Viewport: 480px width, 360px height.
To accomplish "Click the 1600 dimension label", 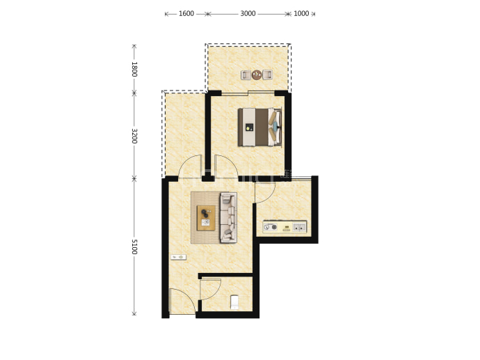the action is coord(186,13).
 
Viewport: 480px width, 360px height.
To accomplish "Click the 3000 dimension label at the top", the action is coord(248,13).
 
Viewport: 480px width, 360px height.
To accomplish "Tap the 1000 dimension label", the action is coord(301,13).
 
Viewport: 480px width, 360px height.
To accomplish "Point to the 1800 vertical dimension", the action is coord(134,69).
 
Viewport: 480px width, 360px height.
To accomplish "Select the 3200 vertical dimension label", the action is coord(134,136).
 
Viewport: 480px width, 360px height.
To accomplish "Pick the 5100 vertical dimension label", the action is coord(134,246).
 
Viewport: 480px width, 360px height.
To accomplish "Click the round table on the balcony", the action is coord(257,75).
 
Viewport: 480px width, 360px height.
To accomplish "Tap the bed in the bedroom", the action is coord(260,127).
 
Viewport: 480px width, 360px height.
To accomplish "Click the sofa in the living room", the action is coord(228,217).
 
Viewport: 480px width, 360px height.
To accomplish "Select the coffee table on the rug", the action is coord(206,218).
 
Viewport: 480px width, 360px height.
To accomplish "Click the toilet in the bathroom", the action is coord(234,302).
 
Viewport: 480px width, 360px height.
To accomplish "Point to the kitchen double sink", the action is coord(299,227).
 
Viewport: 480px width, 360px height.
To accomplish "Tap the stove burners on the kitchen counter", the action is coord(271,227).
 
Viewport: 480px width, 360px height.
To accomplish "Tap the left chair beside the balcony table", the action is coord(246,75).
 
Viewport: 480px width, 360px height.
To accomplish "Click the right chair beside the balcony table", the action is coord(267,75).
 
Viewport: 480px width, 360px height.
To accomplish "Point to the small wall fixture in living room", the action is coord(178,257).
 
